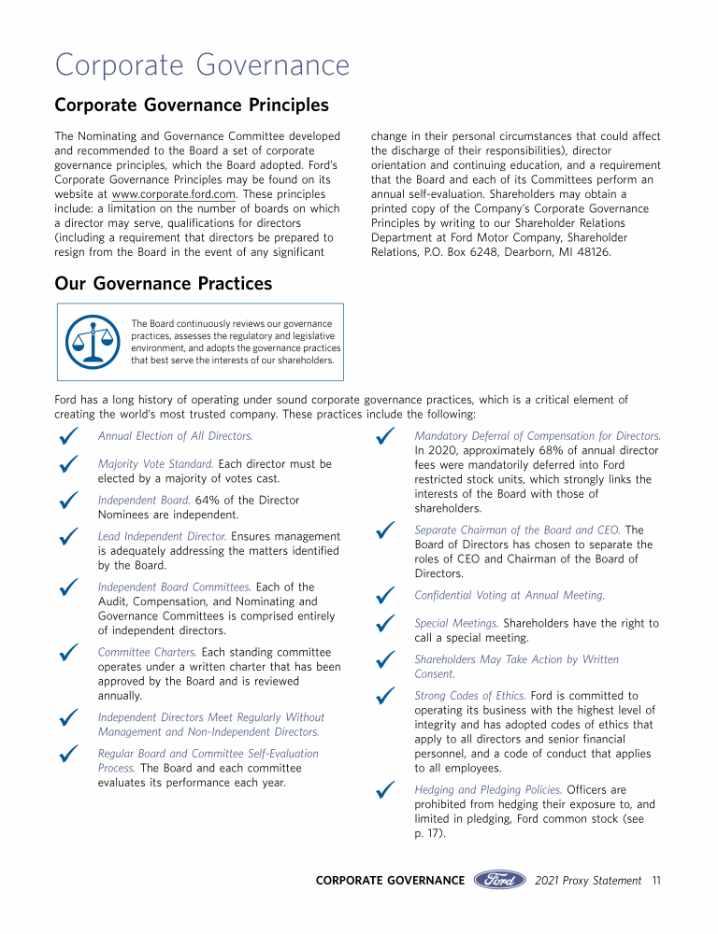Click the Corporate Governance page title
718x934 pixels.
[x=202, y=65]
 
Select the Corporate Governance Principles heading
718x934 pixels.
[x=192, y=105]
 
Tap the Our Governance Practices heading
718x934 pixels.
[x=164, y=283]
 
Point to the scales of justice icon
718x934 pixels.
[x=93, y=341]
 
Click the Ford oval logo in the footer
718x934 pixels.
[x=500, y=880]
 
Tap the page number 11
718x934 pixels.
[x=657, y=880]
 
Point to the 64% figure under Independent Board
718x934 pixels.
[x=208, y=501]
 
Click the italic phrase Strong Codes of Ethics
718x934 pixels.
[x=470, y=696]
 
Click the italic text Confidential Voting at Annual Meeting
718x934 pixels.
[x=510, y=595]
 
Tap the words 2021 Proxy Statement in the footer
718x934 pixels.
[x=588, y=880]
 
